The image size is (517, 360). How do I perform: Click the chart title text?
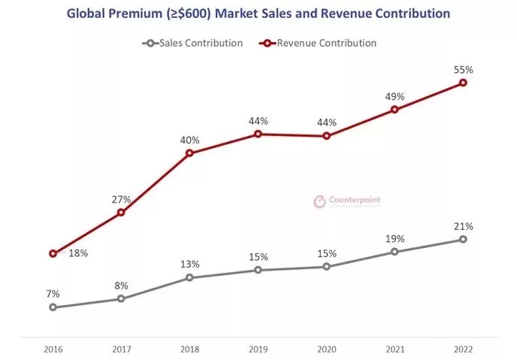[258, 14]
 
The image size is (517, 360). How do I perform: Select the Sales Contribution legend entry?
[194, 43]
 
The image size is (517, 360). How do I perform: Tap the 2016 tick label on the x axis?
[53, 349]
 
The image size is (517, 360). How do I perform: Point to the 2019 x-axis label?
[258, 349]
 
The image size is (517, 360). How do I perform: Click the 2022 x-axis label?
[463, 349]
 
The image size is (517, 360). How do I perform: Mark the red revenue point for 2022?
[463, 82]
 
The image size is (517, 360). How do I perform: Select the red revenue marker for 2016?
[53, 253]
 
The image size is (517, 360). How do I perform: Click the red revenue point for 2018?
[189, 153]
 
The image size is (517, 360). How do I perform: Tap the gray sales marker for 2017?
[121, 299]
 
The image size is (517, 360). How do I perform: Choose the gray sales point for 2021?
[395, 252]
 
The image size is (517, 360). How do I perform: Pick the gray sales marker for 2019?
[258, 270]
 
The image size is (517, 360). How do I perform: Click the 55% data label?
[463, 69]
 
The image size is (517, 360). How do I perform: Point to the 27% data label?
[122, 200]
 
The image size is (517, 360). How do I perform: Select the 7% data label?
[53, 294]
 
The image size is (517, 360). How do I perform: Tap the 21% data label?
[463, 226]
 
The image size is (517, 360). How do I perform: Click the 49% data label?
[395, 97]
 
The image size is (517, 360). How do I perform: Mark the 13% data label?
[189, 265]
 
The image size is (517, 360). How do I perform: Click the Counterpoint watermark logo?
[346, 201]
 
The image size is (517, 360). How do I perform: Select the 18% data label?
[78, 253]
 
